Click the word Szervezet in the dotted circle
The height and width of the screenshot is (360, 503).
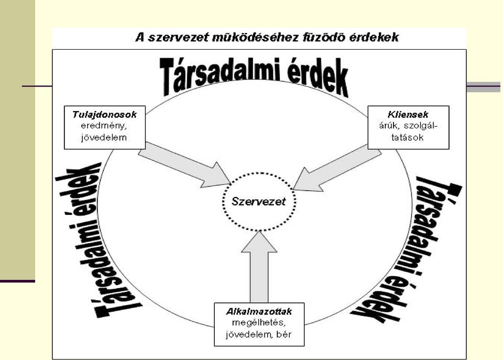[x=258, y=202]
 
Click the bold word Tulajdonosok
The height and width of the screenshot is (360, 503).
[x=105, y=115]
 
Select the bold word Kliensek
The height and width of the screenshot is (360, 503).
[x=408, y=115]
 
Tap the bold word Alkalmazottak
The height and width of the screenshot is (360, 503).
[x=259, y=312]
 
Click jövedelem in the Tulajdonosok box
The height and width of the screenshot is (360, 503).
[x=104, y=138]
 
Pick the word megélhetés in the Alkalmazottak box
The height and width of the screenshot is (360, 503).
[x=258, y=323]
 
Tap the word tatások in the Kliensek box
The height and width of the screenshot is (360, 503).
[x=408, y=138]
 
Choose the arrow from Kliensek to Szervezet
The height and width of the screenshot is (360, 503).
[x=337, y=168]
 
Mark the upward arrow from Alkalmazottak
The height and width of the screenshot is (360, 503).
[x=259, y=267]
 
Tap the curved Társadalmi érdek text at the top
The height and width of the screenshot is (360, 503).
[x=254, y=77]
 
